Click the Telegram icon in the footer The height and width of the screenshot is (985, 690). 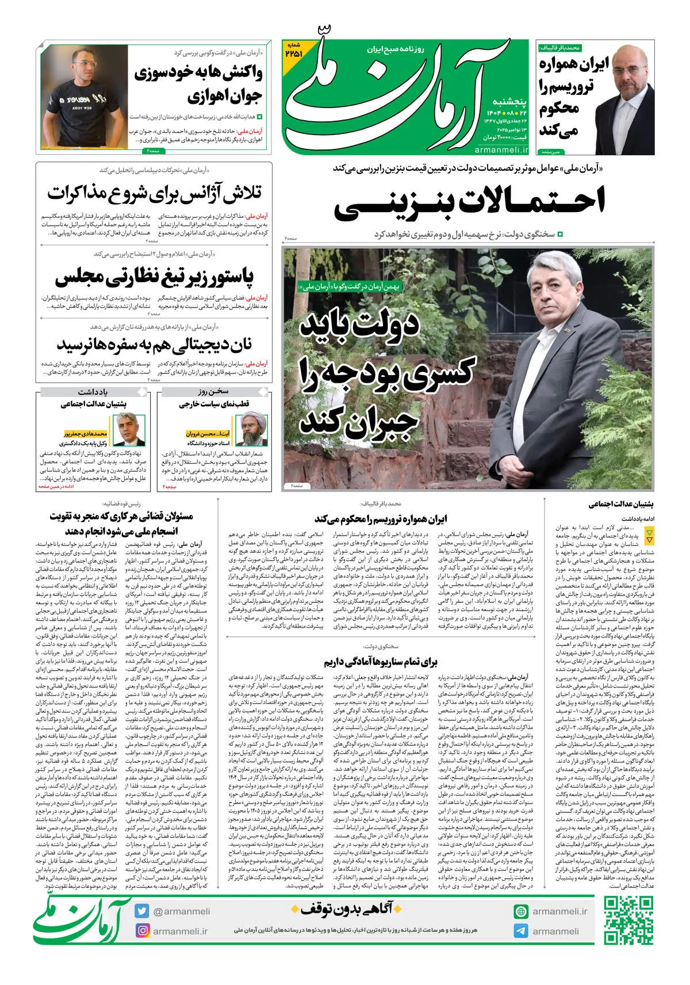521,931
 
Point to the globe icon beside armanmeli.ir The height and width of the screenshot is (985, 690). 521,911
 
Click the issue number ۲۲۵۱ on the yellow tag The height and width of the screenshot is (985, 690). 293,53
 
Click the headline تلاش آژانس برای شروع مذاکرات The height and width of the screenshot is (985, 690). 154,194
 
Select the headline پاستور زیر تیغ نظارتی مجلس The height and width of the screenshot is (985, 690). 154,276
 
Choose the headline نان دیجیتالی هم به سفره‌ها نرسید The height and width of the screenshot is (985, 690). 154,345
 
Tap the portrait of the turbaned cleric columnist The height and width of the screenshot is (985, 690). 256,426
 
